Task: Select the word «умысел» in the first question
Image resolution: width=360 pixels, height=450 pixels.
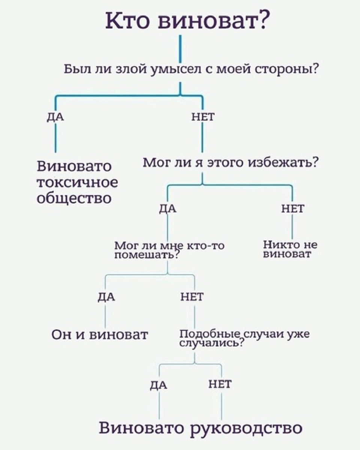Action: (x=176, y=70)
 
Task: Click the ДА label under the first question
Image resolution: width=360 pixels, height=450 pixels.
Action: (x=55, y=117)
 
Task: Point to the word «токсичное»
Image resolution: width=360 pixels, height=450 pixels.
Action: (x=77, y=182)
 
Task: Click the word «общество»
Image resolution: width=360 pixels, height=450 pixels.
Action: (x=74, y=198)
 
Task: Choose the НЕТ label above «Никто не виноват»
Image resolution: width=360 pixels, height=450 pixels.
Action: (x=292, y=209)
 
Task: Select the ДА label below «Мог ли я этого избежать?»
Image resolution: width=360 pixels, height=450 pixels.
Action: (x=168, y=209)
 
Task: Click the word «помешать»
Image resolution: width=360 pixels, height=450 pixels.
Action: (x=144, y=255)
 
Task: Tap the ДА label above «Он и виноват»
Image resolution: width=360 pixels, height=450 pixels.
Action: (x=106, y=297)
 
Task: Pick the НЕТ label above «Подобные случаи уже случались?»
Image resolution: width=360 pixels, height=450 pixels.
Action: (x=192, y=297)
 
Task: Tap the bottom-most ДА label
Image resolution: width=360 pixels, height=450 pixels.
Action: (x=159, y=385)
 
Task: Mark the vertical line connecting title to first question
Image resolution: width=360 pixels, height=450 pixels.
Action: (x=180, y=48)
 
